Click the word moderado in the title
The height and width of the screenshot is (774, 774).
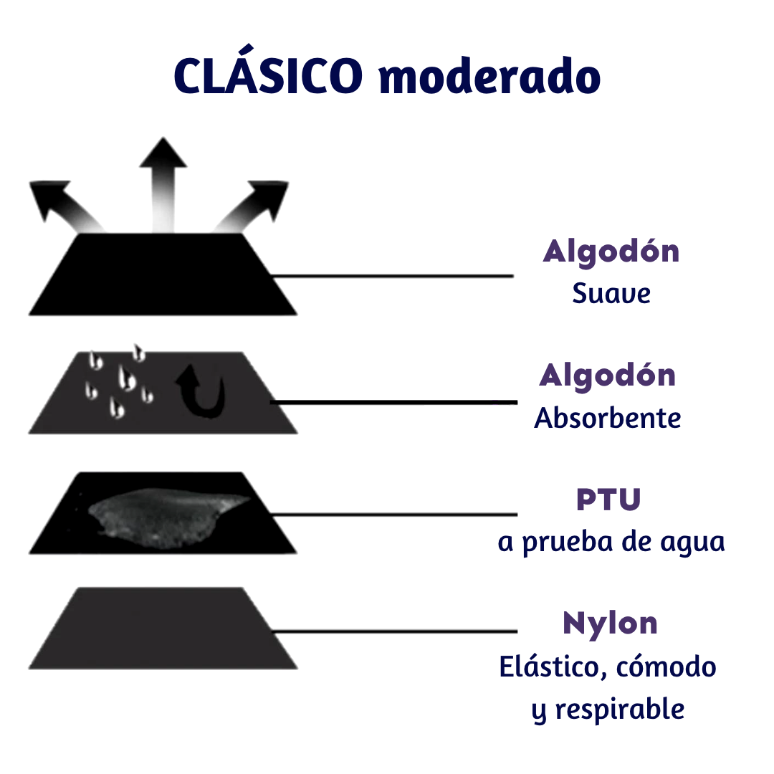489,76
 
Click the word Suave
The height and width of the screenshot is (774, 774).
611,294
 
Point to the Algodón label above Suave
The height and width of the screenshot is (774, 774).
611,252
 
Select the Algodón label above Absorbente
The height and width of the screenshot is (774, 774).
608,376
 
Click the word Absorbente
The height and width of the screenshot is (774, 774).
608,418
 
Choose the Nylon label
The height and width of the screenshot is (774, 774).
610,623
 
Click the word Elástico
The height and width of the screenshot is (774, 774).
548,667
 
